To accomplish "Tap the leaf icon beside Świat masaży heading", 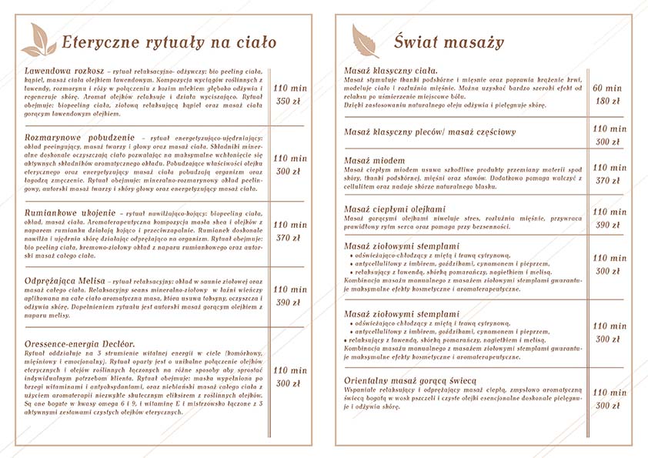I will click(364, 40).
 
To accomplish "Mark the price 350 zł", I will click(287, 102).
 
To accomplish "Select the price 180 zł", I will click(608, 102).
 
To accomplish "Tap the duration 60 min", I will click(608, 88).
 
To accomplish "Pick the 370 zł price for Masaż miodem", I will click(608, 181).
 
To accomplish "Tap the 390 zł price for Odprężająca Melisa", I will click(287, 303).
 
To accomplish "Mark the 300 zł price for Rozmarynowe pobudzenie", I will click(287, 172).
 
